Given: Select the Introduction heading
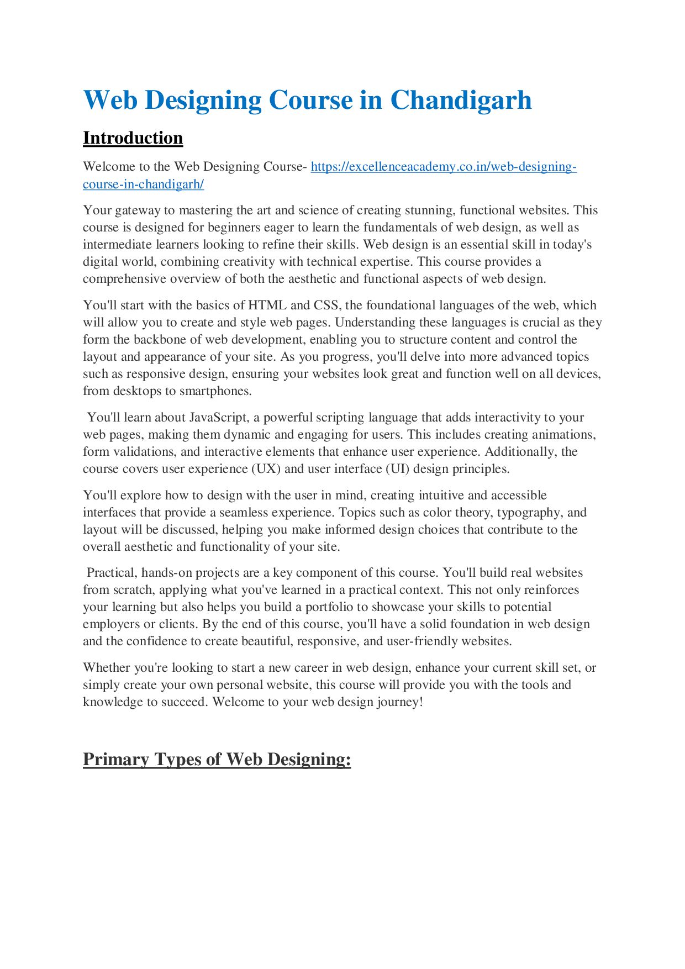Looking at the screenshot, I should [x=133, y=138].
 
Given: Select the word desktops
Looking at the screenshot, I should [x=137, y=391].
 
